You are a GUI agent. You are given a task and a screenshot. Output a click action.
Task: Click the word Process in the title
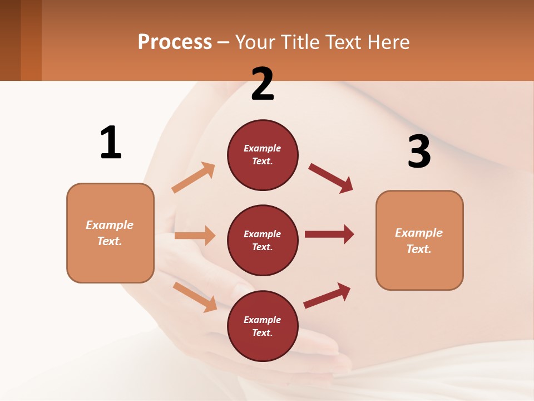(x=175, y=42)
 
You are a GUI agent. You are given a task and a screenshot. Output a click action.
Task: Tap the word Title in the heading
(x=301, y=42)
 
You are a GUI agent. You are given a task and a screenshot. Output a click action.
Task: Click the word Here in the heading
(x=388, y=42)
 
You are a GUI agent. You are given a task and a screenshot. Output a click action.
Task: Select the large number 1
(x=111, y=143)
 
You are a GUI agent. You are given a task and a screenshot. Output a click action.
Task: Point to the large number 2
(x=263, y=84)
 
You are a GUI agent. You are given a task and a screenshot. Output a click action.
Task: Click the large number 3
(x=419, y=151)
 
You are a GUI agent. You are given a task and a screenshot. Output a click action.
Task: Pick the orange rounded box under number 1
(x=110, y=233)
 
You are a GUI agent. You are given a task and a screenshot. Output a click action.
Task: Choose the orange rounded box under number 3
(x=419, y=240)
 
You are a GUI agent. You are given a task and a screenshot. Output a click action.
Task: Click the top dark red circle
(x=263, y=155)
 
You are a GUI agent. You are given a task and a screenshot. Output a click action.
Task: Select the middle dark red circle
(x=263, y=240)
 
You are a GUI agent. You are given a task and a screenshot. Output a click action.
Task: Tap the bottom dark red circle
(x=263, y=326)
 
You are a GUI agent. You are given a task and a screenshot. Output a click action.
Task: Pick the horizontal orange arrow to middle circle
(x=195, y=236)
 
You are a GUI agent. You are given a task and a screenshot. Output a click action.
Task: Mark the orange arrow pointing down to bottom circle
(x=195, y=297)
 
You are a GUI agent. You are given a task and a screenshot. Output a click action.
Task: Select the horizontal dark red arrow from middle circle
(x=329, y=234)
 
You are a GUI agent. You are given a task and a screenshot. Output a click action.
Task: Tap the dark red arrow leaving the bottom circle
(x=327, y=295)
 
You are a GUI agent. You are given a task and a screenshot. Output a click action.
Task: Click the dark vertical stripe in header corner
(x=31, y=40)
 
